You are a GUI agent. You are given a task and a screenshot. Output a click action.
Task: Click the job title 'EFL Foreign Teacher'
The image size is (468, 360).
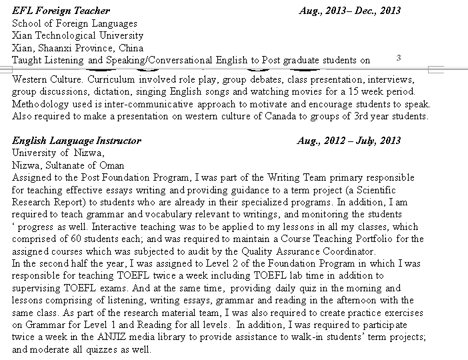pos(61,11)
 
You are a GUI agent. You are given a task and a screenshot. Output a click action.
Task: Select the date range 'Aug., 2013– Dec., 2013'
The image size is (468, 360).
pos(350,11)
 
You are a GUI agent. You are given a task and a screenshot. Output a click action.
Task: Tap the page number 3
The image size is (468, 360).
pos(398,57)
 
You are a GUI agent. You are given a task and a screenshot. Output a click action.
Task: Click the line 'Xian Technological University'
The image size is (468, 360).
pos(77,35)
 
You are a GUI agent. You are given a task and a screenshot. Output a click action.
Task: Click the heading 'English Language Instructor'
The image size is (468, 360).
pos(77,141)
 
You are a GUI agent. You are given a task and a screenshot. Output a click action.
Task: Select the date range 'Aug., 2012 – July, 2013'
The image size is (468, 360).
pos(349,141)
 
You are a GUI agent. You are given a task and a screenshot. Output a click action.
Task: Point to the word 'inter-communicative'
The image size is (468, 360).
pos(154,104)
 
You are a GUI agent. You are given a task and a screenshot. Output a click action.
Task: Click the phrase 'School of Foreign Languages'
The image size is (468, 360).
pos(75,23)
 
